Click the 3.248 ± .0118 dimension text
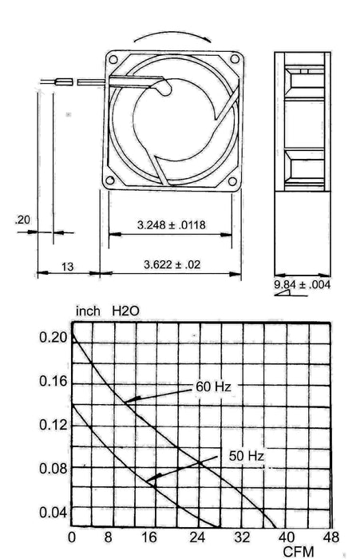pyautogui.click(x=171, y=225)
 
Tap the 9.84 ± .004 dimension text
pyautogui.click(x=303, y=285)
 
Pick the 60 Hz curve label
pyautogui.click(x=213, y=387)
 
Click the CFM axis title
pyautogui.click(x=299, y=551)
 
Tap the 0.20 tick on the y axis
pyautogui.click(x=53, y=338)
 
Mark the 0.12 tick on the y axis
pyautogui.click(x=53, y=425)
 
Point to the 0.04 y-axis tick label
pyautogui.click(x=53, y=511)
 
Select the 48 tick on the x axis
pyautogui.click(x=330, y=536)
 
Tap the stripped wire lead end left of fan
pyautogui.click(x=62, y=81)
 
